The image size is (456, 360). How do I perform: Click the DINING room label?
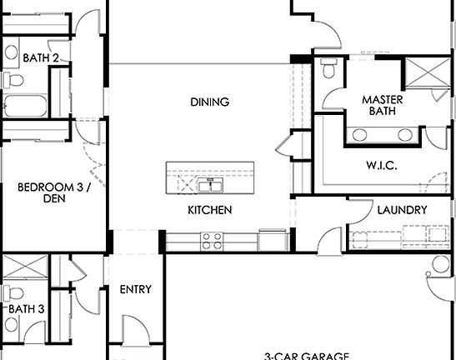209,102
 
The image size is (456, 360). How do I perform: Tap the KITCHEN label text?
209,211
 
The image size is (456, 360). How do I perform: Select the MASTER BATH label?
382,106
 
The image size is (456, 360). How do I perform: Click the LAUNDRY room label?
402,211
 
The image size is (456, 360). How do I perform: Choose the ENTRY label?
135,290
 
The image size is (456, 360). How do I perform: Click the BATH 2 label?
41,58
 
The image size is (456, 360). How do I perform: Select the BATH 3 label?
27,308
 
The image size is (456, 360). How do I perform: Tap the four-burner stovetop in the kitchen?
212,241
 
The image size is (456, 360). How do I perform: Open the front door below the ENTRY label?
132,333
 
